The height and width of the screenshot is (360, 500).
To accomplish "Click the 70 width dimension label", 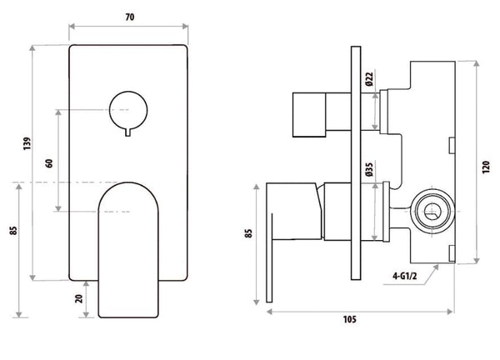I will pyautogui.click(x=128, y=15).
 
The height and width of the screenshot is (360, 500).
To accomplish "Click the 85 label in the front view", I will pyautogui.click(x=11, y=227).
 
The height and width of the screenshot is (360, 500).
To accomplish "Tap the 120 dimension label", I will pyautogui.click(x=487, y=165).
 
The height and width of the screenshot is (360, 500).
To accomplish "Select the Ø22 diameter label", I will pyautogui.click(x=367, y=81).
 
